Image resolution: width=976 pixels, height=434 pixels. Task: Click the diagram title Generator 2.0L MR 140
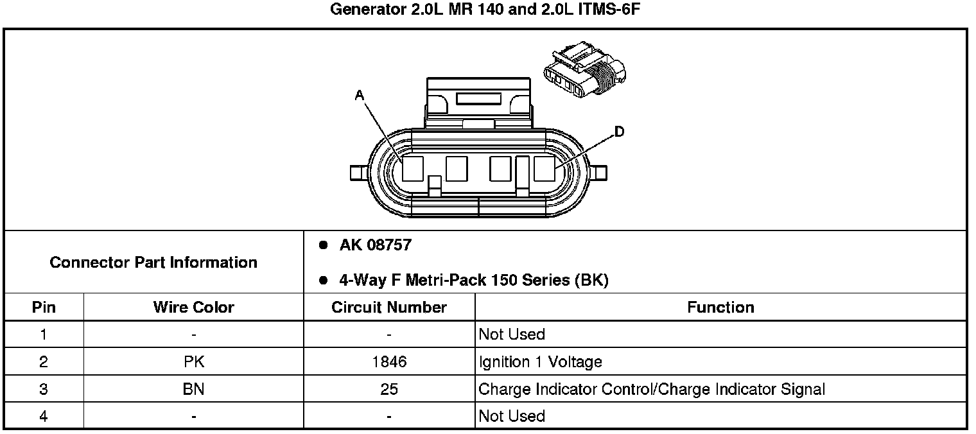click(x=485, y=9)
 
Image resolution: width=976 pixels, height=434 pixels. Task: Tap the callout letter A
click(x=360, y=95)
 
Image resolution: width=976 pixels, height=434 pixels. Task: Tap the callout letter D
click(x=619, y=131)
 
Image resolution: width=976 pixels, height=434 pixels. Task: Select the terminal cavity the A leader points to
click(x=413, y=169)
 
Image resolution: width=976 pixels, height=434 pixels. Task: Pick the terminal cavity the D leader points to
click(x=545, y=169)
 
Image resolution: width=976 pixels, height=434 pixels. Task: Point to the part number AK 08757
click(x=376, y=245)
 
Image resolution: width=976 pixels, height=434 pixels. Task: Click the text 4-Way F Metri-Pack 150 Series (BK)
click(x=474, y=280)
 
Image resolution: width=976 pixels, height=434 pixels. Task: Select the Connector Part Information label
click(x=153, y=263)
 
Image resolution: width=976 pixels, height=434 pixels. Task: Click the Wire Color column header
click(x=193, y=307)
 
